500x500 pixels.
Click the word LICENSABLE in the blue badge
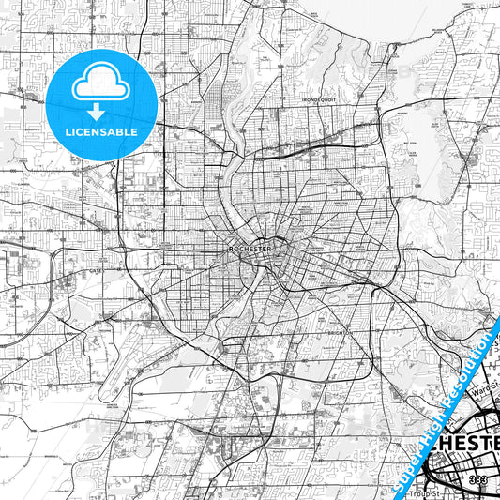[100, 132]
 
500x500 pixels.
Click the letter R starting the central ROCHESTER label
[231, 250]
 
